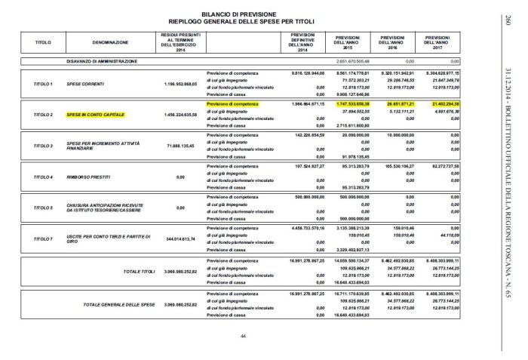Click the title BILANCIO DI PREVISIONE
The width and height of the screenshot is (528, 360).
pos(243,14)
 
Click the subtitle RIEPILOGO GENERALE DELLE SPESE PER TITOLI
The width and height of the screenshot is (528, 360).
pos(243,20)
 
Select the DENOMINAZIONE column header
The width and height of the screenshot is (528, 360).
pos(110,42)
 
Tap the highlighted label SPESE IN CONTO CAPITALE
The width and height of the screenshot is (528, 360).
pos(95,116)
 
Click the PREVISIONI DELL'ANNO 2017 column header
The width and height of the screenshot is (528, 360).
pos(444,42)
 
